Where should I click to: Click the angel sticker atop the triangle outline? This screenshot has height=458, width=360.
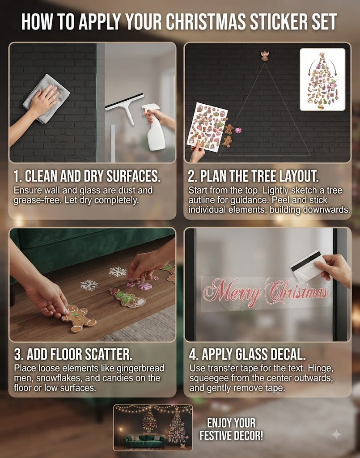click(265, 55)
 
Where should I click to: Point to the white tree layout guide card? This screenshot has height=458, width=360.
click(322, 80)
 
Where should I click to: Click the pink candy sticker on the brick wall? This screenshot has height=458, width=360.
click(238, 130)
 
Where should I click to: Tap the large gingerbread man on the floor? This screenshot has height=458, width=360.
click(78, 318)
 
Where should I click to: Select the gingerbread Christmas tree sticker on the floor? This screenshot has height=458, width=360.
click(127, 298)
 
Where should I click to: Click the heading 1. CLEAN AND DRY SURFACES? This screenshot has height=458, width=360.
click(87, 176)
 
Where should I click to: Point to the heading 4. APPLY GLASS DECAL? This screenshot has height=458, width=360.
click(247, 354)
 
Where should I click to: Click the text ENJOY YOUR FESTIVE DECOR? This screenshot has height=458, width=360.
click(231, 429)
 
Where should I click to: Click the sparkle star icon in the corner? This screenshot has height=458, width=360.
click(336, 434)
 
